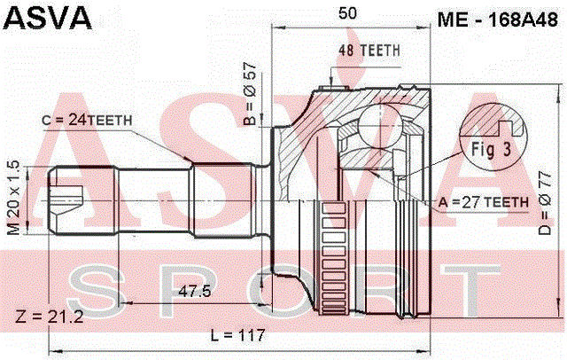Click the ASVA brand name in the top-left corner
click(x=47, y=18)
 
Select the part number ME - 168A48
click(x=498, y=20)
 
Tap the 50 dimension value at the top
click(x=347, y=13)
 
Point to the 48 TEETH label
click(x=369, y=51)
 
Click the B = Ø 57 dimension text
click(x=250, y=93)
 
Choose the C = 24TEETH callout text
click(x=87, y=120)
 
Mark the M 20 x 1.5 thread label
click(x=14, y=198)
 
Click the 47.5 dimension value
click(x=195, y=291)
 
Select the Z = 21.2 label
click(x=50, y=317)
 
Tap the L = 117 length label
click(x=238, y=335)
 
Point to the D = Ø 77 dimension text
click(x=545, y=203)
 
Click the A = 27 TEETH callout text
click(x=484, y=202)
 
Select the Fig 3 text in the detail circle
click(x=492, y=149)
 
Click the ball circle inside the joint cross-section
click(x=380, y=124)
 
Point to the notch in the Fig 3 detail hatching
click(x=506, y=127)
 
